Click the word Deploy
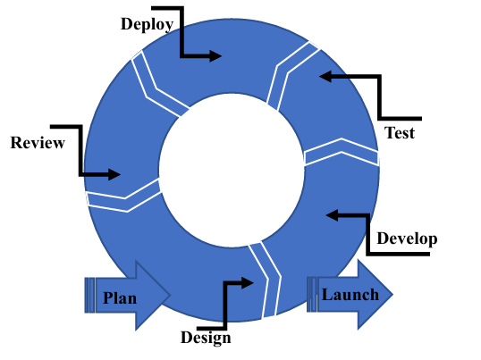(x=148, y=24)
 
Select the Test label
(x=400, y=133)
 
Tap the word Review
(x=38, y=143)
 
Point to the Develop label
(x=407, y=239)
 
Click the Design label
(x=206, y=338)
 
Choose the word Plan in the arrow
(x=120, y=298)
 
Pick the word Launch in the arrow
(x=350, y=295)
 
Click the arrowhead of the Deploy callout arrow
(x=215, y=56)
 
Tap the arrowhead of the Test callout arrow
(x=325, y=76)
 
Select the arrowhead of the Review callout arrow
(x=114, y=174)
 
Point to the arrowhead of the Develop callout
(x=332, y=215)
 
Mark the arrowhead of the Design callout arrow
(x=248, y=283)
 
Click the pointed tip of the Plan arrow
(x=170, y=295)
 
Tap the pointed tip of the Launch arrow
(x=392, y=295)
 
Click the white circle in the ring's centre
(x=232, y=170)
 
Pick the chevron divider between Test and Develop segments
(x=342, y=152)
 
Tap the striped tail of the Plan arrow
(x=90, y=296)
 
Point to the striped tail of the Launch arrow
(x=312, y=295)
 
